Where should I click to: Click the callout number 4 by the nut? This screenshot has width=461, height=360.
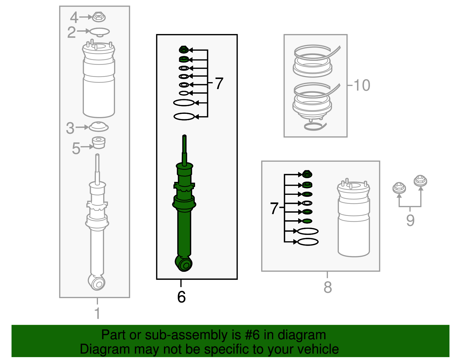pyautogui.click(x=74, y=18)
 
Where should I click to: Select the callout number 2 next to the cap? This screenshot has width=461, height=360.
pyautogui.click(x=71, y=32)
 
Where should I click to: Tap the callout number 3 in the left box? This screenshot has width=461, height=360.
pyautogui.click(x=70, y=128)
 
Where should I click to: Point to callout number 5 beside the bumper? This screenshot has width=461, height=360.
pyautogui.click(x=76, y=148)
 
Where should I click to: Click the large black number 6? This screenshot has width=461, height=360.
pyautogui.click(x=181, y=297)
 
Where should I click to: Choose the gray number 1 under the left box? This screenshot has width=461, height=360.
pyautogui.click(x=97, y=313)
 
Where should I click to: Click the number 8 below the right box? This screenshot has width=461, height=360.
pyautogui.click(x=328, y=287)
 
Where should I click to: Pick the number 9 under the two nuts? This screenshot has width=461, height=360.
pyautogui.click(x=410, y=220)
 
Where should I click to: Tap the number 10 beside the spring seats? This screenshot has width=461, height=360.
pyautogui.click(x=362, y=85)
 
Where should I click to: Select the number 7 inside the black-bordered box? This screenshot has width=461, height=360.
pyautogui.click(x=219, y=84)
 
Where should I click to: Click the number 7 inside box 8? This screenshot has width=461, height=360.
pyautogui.click(x=274, y=208)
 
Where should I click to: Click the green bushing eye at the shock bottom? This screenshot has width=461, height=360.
pyautogui.click(x=184, y=264)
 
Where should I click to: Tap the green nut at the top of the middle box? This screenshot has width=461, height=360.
pyautogui.click(x=183, y=50)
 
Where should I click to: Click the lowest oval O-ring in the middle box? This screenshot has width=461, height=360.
pyautogui.click(x=184, y=116)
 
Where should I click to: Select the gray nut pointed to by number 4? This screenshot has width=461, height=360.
pyautogui.click(x=99, y=17)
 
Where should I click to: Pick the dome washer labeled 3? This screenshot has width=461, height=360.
pyautogui.click(x=99, y=127)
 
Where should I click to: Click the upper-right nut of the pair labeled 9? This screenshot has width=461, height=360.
pyautogui.click(x=420, y=181)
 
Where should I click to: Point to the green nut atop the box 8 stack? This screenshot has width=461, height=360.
pyautogui.click(x=307, y=174)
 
